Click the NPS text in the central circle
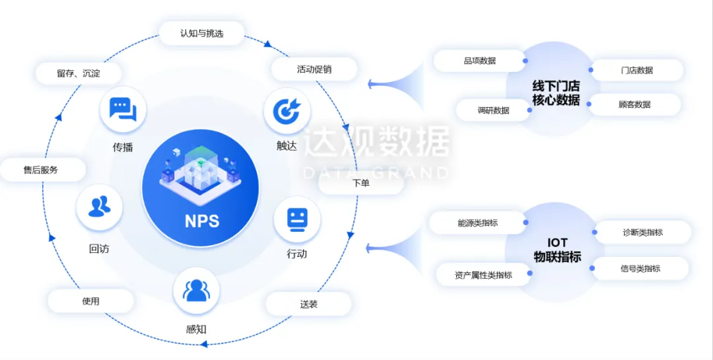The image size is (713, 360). click(x=201, y=221)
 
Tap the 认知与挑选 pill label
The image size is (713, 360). click(x=202, y=33)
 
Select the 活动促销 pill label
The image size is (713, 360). click(x=314, y=69)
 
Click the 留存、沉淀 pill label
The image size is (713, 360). click(x=79, y=73)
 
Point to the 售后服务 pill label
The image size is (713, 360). click(x=42, y=170)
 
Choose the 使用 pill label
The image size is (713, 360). click(x=90, y=301)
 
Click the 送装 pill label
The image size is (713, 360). click(x=308, y=304)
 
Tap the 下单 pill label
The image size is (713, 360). click(x=360, y=183)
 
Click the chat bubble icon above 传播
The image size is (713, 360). click(x=123, y=109)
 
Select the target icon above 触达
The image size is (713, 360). click(x=287, y=110)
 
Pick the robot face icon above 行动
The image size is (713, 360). click(x=297, y=219)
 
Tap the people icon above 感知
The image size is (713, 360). click(x=196, y=291)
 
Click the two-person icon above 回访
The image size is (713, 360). click(x=100, y=207)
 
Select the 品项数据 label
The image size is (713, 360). click(x=479, y=61)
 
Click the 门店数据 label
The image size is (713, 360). click(x=636, y=70)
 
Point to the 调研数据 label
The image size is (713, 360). click(x=493, y=110)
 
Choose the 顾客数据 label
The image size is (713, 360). click(x=634, y=104)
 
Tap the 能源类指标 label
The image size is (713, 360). click(x=477, y=223)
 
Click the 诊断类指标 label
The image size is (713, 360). click(x=642, y=232)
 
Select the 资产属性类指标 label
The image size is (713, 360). click(x=483, y=275)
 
